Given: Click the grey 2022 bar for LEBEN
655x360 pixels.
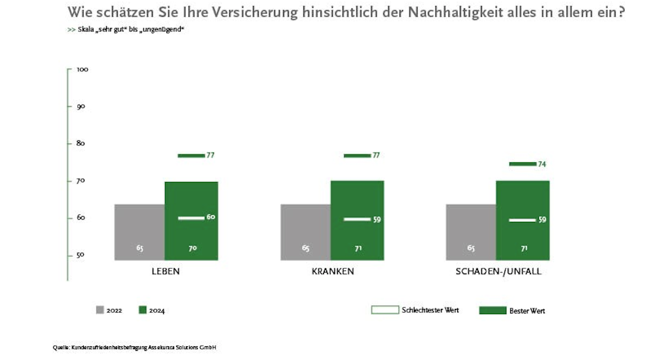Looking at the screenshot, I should [140, 232].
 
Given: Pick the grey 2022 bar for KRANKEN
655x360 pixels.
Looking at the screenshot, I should [306, 232].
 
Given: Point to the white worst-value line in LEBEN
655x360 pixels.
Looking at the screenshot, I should [191, 217].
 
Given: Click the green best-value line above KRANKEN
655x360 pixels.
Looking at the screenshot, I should [357, 156].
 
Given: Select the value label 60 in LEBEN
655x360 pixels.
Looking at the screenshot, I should [211, 217].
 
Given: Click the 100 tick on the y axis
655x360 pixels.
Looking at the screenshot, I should [83, 69].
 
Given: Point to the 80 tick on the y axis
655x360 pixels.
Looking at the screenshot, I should [81, 143].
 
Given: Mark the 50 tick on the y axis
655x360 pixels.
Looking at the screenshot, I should [81, 255].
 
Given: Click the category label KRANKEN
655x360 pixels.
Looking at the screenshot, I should [333, 271].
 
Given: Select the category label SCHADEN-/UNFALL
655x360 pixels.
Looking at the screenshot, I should [498, 271].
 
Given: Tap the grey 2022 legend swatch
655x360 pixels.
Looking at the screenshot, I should [100, 310].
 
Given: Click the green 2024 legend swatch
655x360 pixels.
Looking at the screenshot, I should [143, 310].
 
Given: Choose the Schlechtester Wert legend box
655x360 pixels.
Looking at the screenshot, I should [384, 310].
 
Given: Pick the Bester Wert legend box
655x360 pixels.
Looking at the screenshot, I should [493, 310].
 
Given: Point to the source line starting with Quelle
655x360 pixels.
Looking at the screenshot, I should [134, 347].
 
